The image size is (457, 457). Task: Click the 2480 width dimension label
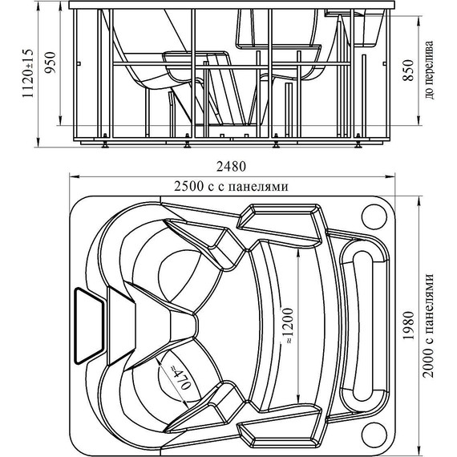(231, 167)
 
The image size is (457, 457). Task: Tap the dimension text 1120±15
(28, 73)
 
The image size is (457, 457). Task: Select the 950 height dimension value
(50, 63)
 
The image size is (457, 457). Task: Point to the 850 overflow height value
(408, 70)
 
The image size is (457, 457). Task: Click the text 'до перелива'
(429, 70)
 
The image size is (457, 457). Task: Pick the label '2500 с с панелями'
(231, 186)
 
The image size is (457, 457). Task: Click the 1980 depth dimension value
(408, 326)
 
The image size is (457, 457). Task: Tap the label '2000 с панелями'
(428, 326)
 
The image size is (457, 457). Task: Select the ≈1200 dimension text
(287, 326)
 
